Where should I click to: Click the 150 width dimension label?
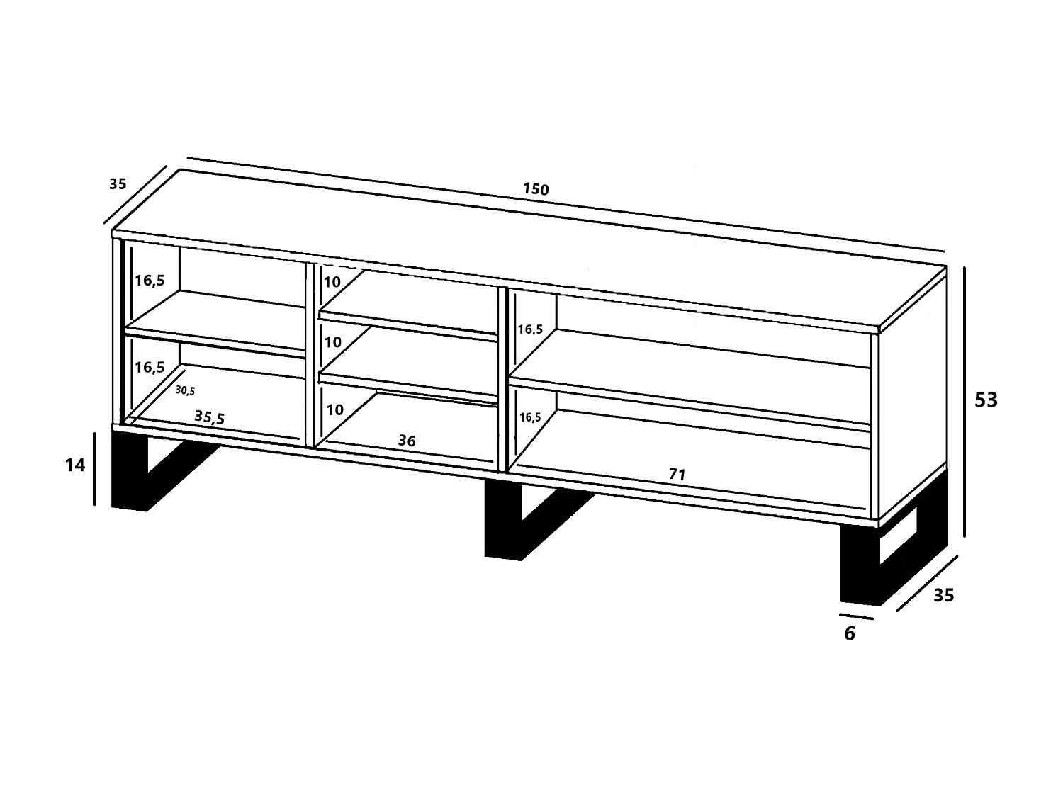[536, 189]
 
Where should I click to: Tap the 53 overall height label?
[986, 400]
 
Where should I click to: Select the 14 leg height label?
[74, 465]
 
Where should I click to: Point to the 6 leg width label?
[850, 634]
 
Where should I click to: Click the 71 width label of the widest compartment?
[677, 475]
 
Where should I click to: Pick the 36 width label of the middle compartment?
[407, 441]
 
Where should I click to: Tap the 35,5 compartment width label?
[210, 417]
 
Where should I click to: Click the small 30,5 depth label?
[185, 390]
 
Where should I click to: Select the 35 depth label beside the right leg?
[943, 596]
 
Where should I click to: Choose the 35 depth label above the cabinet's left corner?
[118, 184]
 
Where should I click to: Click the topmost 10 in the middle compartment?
[332, 282]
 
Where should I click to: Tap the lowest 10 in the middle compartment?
[334, 409]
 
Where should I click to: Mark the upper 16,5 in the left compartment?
[150, 281]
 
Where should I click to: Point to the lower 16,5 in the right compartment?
[529, 417]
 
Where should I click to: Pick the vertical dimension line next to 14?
[94, 468]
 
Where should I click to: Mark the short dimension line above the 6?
[856, 616]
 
